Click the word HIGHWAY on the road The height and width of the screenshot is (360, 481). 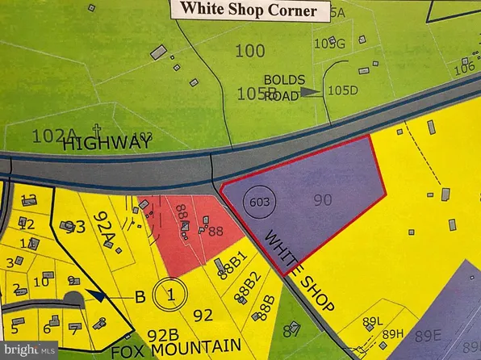tap(108, 143)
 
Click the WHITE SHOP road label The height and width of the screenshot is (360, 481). tap(288, 260)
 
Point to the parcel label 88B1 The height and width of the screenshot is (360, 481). tap(231, 266)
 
